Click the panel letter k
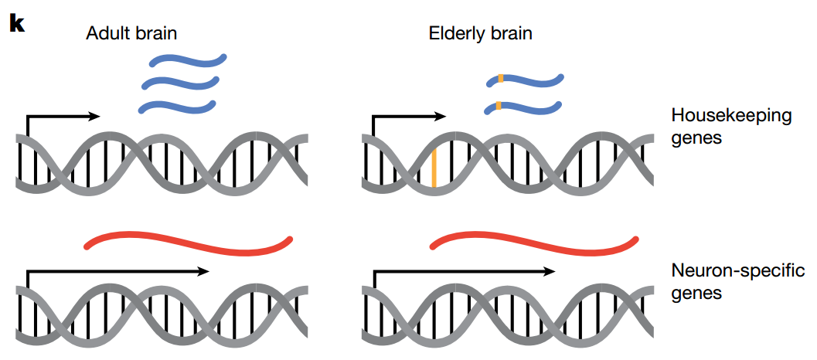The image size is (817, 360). click(x=17, y=23)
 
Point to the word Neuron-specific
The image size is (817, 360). click(x=738, y=271)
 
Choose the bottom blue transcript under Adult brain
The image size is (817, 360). click(x=178, y=104)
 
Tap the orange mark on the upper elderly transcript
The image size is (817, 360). click(x=501, y=78)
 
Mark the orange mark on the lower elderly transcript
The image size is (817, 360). click(x=499, y=105)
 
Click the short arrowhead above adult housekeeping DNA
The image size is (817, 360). click(x=95, y=116)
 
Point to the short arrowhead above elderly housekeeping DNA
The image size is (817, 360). click(x=441, y=116)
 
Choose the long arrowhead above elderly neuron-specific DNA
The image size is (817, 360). click(x=550, y=271)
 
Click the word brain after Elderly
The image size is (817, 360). click(x=510, y=33)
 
